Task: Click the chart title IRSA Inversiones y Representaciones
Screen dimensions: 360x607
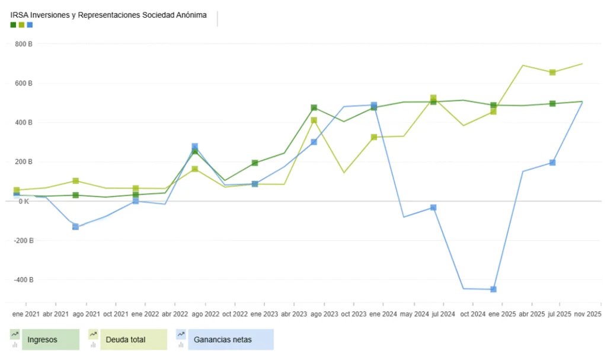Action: click(x=108, y=15)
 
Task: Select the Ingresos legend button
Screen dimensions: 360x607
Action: click(x=50, y=340)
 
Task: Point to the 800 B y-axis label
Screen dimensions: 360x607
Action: click(x=24, y=44)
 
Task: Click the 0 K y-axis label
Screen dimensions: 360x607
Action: click(x=24, y=202)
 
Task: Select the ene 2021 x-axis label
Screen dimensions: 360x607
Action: click(x=25, y=313)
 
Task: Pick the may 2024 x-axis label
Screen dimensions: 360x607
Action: click(x=414, y=313)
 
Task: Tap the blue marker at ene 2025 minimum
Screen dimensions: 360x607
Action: click(x=493, y=289)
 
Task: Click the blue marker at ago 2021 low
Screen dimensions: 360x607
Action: click(x=75, y=227)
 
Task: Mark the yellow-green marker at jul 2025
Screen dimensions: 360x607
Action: click(x=552, y=72)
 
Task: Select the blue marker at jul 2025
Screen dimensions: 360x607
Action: click(x=552, y=163)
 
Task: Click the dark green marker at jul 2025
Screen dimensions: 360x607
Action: click(x=552, y=104)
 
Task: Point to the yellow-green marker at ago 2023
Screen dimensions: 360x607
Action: click(x=314, y=120)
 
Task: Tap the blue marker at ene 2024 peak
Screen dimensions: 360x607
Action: click(x=374, y=105)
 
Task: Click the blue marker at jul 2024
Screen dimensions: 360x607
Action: click(x=433, y=208)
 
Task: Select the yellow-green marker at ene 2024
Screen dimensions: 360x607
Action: click(x=374, y=137)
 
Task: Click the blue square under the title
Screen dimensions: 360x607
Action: click(x=30, y=25)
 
